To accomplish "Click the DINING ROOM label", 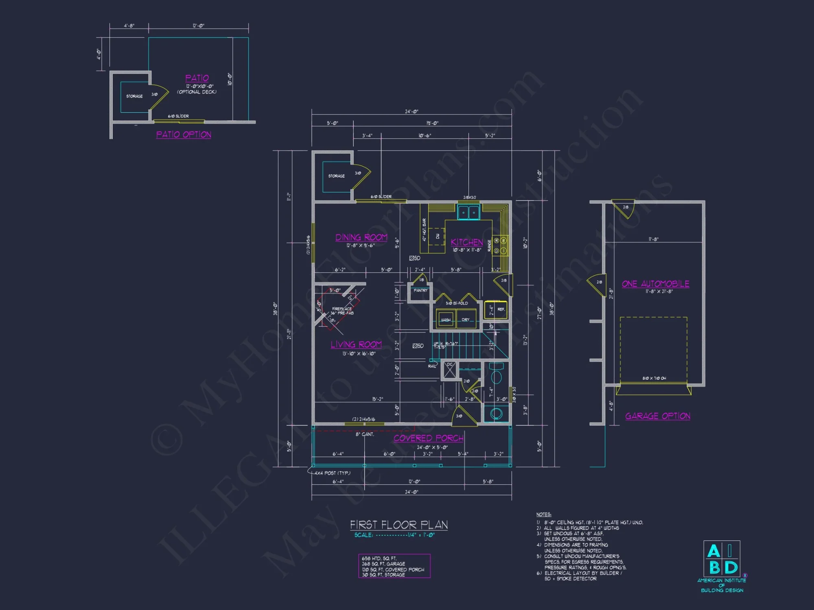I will pos(361,237).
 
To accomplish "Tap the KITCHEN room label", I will pos(467,242).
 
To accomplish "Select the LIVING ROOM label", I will pos(356,345).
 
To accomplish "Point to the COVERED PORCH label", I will pos(428,438).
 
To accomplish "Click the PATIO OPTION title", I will pos(184,135).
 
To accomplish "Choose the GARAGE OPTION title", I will pos(658,416).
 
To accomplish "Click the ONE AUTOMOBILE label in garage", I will pos(655,284).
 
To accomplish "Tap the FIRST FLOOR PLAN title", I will pos(399,525).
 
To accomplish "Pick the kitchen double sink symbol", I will pos(468,212).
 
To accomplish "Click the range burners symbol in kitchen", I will pos(500,246).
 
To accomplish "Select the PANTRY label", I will pos(420,291).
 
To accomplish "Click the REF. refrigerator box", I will pos(500,309).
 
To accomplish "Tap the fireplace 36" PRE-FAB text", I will pos(342,313).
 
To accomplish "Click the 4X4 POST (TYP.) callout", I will pos(332,473).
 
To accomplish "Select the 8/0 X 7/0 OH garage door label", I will pos(654,378).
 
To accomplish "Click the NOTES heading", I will pos(543,514).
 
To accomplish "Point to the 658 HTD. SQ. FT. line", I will pos(379,558).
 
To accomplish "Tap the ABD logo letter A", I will pos(713,551).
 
